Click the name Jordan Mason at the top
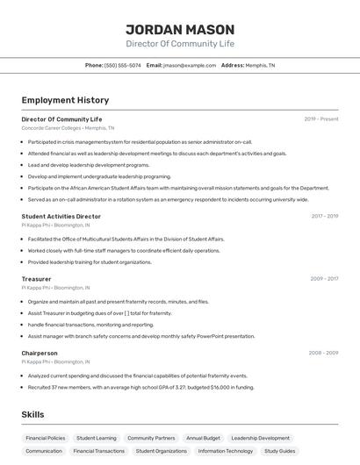(180, 29)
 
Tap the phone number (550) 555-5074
(123, 65)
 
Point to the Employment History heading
(65, 101)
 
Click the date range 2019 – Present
(321, 118)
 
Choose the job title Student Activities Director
(61, 216)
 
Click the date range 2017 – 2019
(324, 216)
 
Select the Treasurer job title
(36, 279)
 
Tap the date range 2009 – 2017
(324, 279)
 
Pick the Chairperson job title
(40, 353)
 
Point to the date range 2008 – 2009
(323, 353)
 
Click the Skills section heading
(32, 414)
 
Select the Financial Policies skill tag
(45, 438)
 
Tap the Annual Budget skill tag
(203, 438)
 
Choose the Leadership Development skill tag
(260, 438)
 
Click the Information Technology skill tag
(226, 451)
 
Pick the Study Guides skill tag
(279, 451)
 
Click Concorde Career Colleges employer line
(68, 128)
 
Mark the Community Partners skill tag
(151, 438)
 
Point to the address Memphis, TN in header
(260, 65)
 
